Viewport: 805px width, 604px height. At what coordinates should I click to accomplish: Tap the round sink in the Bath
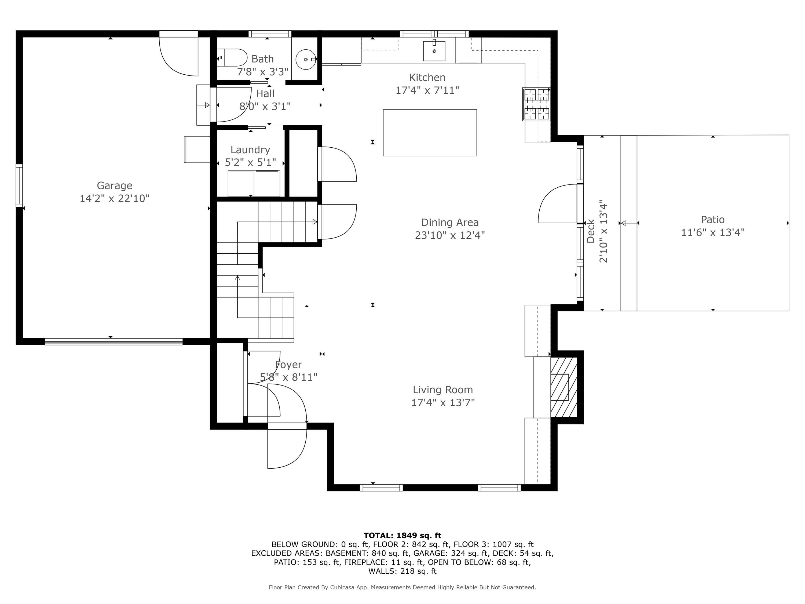306,59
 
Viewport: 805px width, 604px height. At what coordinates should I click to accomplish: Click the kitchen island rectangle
430,133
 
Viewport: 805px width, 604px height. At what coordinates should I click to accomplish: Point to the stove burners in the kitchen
536,104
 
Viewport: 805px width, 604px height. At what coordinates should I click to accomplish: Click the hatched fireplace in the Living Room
563,387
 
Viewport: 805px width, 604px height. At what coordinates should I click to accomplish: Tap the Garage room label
114,186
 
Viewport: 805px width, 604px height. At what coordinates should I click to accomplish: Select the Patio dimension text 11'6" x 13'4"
713,232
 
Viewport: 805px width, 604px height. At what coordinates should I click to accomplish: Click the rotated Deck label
590,231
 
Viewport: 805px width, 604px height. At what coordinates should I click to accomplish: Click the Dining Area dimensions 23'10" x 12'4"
450,235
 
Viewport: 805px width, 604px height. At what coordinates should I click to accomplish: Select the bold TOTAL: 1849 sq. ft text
402,536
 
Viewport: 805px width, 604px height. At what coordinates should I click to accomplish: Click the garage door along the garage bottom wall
114,341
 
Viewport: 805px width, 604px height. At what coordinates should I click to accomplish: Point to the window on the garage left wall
19,186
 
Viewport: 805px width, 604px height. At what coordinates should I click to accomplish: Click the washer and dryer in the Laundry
254,183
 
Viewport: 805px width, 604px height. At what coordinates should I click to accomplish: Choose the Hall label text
265,94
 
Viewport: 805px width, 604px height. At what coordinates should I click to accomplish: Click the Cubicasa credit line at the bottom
402,587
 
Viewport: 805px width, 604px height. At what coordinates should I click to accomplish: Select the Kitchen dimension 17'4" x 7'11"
427,90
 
